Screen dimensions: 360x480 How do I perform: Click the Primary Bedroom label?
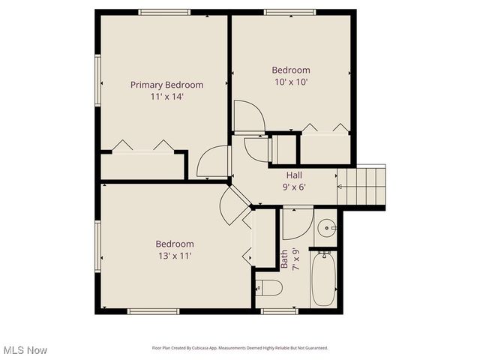pyautogui.click(x=166, y=85)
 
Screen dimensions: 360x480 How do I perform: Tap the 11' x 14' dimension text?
pyautogui.click(x=166, y=97)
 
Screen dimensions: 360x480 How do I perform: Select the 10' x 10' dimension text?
pyautogui.click(x=290, y=82)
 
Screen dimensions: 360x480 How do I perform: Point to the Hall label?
pyautogui.click(x=294, y=175)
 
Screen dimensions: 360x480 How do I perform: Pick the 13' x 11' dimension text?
pyautogui.click(x=175, y=256)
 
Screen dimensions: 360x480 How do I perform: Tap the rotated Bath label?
pyautogui.click(x=284, y=259)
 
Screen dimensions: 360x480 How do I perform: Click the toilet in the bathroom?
pyautogui.click(x=268, y=287)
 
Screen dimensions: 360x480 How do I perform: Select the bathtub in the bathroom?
pyautogui.click(x=324, y=278)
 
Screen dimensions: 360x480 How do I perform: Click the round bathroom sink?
pyautogui.click(x=326, y=227)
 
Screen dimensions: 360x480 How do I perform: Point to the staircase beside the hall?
pyautogui.click(x=363, y=185)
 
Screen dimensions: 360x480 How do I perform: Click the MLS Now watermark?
pyautogui.click(x=25, y=350)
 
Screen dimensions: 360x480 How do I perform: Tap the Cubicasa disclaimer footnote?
pyautogui.click(x=240, y=348)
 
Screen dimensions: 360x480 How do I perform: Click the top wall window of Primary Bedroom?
pyautogui.click(x=164, y=11)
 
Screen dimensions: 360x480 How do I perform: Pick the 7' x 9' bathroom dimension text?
pyautogui.click(x=295, y=259)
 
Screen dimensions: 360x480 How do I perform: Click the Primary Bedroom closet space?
pyautogui.click(x=142, y=166)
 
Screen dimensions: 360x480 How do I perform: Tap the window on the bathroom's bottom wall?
pyautogui.click(x=279, y=310)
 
